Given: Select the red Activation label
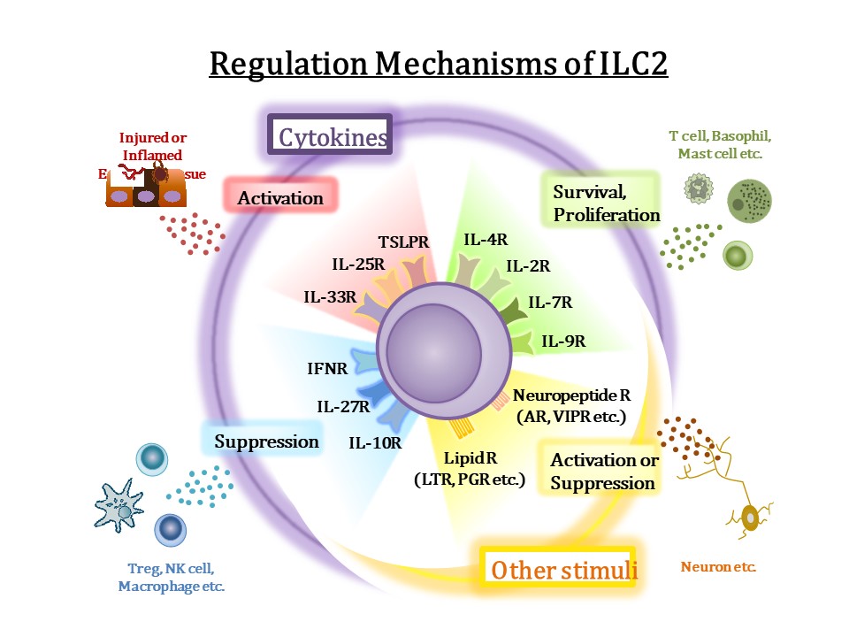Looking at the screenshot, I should tap(281, 197).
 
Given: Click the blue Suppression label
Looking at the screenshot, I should tap(266, 441).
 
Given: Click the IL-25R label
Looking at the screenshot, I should tap(358, 263).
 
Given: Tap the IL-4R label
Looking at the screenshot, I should tap(486, 239).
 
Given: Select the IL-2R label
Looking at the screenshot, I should tap(528, 265).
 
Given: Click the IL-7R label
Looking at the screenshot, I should tap(550, 303).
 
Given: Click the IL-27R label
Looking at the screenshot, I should tap(343, 407).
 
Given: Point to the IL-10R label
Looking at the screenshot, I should tap(375, 442).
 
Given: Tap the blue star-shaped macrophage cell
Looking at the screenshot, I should tap(119, 509).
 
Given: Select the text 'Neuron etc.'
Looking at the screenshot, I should tap(718, 566).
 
